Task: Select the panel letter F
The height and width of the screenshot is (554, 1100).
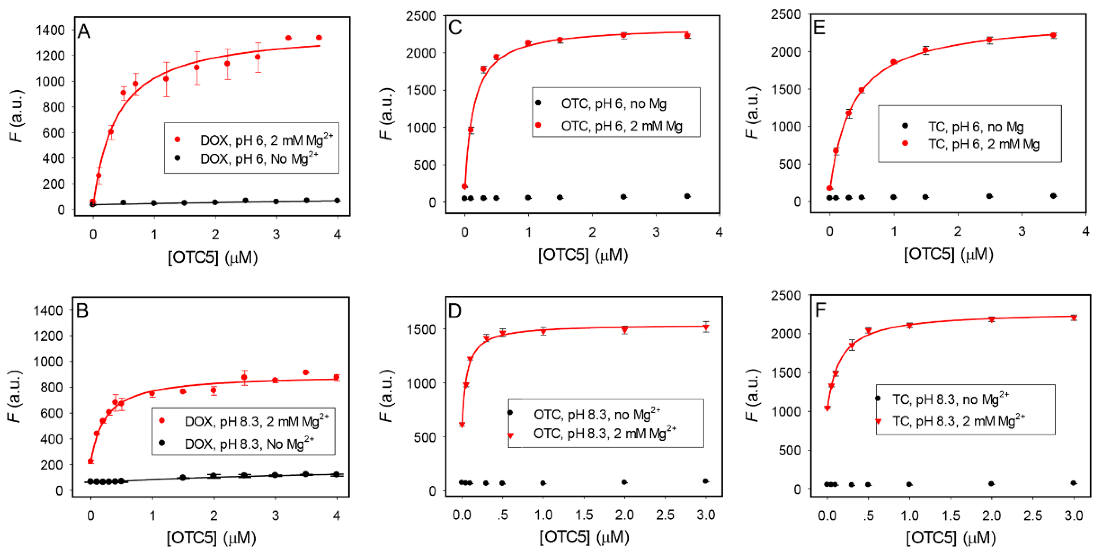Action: (x=820, y=310)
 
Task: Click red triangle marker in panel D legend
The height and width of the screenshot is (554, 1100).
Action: (x=511, y=435)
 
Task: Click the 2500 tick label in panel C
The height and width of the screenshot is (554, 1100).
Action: (x=421, y=16)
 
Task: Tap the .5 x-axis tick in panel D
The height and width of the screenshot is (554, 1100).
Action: (x=503, y=515)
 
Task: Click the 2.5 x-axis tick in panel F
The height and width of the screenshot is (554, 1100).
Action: (x=1032, y=516)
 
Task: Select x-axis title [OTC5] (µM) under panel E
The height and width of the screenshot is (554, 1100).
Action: (x=948, y=254)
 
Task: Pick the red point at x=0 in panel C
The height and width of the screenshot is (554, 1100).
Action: (x=465, y=186)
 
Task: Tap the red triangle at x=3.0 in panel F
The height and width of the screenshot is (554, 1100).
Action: (x=1074, y=318)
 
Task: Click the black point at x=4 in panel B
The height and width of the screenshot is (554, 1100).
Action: (x=336, y=474)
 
